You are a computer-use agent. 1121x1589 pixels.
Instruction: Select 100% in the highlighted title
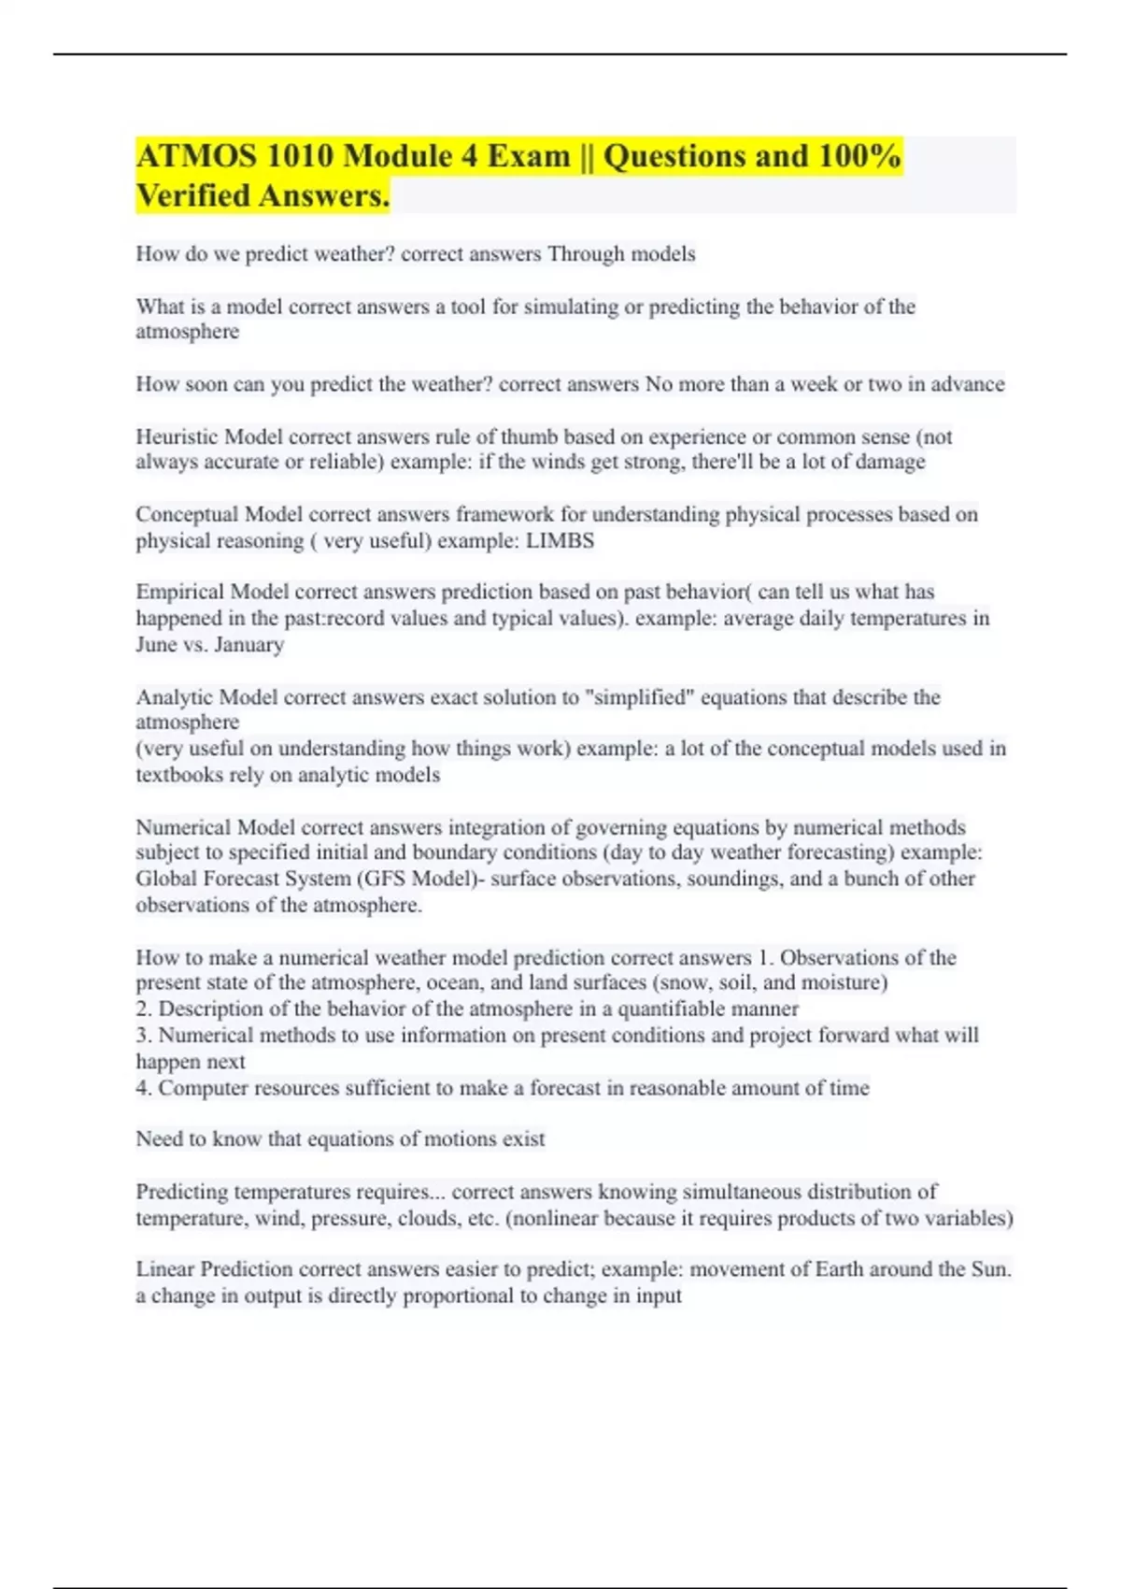tap(859, 156)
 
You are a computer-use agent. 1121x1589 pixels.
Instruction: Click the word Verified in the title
tap(192, 196)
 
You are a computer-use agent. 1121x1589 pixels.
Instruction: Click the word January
tap(248, 644)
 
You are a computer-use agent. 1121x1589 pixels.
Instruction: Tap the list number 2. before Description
tap(144, 1009)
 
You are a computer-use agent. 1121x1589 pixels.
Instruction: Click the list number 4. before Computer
tap(144, 1088)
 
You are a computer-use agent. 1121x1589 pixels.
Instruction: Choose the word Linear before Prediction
tap(164, 1268)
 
